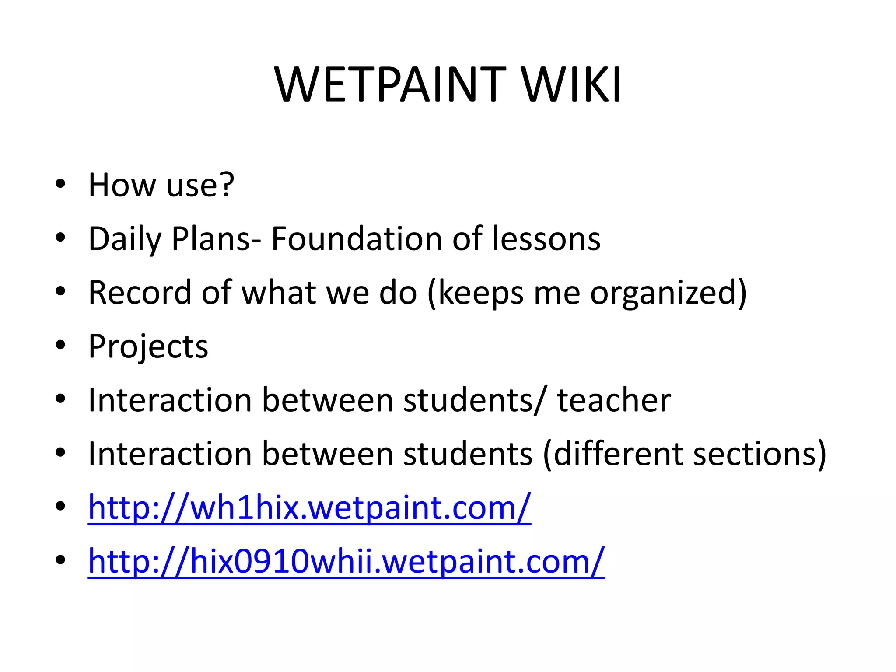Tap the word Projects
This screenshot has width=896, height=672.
pyautogui.click(x=148, y=347)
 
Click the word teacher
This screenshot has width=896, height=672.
pyautogui.click(x=614, y=400)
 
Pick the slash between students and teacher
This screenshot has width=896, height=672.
pyautogui.click(x=540, y=401)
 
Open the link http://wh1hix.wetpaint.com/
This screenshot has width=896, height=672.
pyautogui.click(x=309, y=508)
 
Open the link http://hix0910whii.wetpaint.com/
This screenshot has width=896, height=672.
pyautogui.click(x=346, y=562)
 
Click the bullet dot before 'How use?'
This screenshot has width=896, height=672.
pyautogui.click(x=60, y=184)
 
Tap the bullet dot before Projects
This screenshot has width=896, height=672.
pyautogui.click(x=60, y=346)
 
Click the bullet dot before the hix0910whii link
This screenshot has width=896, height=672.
pyautogui.click(x=60, y=560)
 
